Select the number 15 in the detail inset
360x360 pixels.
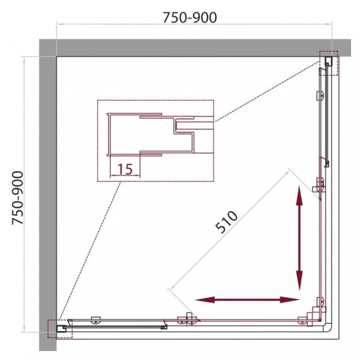pyautogui.click(x=125, y=169)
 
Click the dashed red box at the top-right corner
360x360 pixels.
pyautogui.click(x=329, y=63)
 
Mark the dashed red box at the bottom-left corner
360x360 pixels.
pyautogui.click(x=60, y=328)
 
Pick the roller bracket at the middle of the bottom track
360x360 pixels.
pyautogui.click(x=191, y=319)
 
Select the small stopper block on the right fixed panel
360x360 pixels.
pyautogui.click(x=325, y=163)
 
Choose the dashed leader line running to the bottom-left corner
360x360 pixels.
pyautogui.click(x=90, y=252)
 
